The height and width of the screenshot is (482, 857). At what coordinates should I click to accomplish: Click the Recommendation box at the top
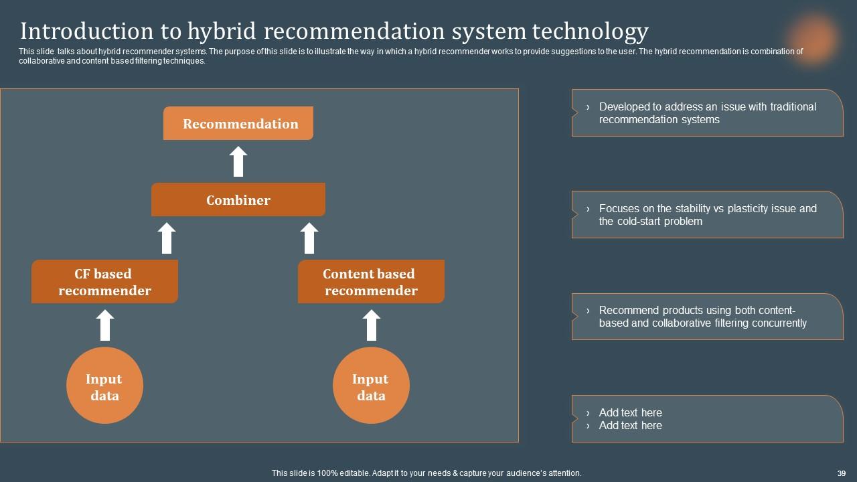click(x=238, y=124)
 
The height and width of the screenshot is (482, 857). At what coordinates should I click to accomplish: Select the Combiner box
click(x=238, y=200)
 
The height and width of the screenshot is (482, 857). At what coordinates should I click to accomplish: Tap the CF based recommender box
click(x=104, y=282)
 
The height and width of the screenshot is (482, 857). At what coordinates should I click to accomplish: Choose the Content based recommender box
click(x=371, y=282)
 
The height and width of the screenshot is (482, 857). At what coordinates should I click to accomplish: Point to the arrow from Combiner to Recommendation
click(x=238, y=162)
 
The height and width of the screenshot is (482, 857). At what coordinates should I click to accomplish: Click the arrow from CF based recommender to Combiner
click(x=167, y=238)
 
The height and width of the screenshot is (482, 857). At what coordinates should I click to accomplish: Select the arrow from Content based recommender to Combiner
click(x=309, y=238)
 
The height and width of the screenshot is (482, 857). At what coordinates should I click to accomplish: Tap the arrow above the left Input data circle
click(x=104, y=325)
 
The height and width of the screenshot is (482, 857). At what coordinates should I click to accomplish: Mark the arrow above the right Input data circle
click(x=371, y=325)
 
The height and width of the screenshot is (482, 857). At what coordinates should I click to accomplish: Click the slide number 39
click(x=842, y=473)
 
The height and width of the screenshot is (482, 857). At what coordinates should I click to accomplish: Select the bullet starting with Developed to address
click(x=707, y=113)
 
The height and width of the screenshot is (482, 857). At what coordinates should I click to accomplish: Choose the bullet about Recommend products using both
click(x=702, y=317)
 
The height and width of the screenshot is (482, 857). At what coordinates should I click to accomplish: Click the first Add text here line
click(x=630, y=412)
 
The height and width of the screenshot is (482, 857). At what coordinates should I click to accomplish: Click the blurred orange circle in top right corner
click(x=813, y=37)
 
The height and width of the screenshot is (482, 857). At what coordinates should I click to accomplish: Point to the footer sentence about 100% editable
click(x=426, y=473)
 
